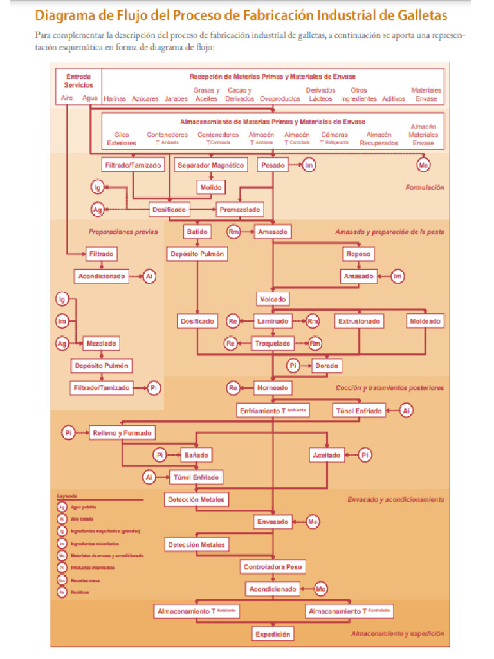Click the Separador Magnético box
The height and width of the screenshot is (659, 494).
(210, 166)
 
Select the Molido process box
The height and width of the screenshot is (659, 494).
(210, 187)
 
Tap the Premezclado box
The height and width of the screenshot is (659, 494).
(239, 210)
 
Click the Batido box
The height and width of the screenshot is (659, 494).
(197, 231)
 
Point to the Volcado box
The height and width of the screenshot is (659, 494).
(273, 299)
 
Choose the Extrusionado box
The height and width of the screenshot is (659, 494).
(359, 320)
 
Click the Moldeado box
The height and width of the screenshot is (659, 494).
(425, 320)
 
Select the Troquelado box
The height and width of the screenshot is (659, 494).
(273, 344)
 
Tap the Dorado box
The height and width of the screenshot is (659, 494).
(327, 366)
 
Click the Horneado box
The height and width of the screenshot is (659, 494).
(273, 388)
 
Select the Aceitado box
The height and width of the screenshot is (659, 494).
(327, 455)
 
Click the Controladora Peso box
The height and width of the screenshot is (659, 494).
(273, 567)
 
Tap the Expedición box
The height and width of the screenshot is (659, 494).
(273, 634)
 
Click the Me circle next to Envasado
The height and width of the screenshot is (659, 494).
(313, 522)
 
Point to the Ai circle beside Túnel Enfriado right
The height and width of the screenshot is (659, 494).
(406, 410)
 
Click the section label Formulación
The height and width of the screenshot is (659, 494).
(425, 187)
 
